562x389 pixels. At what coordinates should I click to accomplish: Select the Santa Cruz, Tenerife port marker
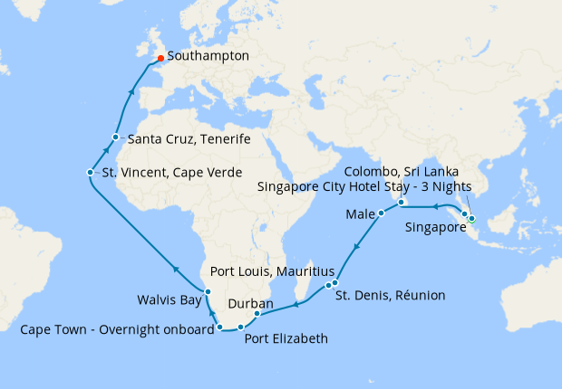point(115,138)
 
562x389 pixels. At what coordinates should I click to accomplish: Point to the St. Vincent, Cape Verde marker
point(90,172)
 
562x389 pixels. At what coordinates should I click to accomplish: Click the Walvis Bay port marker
point(208,290)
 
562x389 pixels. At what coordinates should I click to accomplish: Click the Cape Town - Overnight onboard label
point(116,330)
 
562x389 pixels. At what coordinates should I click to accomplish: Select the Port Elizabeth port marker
point(240,327)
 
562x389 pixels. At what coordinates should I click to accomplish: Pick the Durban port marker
point(257,314)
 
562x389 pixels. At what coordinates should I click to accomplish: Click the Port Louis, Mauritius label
point(272,271)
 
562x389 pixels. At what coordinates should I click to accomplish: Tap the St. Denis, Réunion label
point(390,295)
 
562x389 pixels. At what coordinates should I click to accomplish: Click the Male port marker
point(382,213)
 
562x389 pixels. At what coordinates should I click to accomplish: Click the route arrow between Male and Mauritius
point(356,246)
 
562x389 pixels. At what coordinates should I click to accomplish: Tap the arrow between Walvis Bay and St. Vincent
point(174,267)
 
